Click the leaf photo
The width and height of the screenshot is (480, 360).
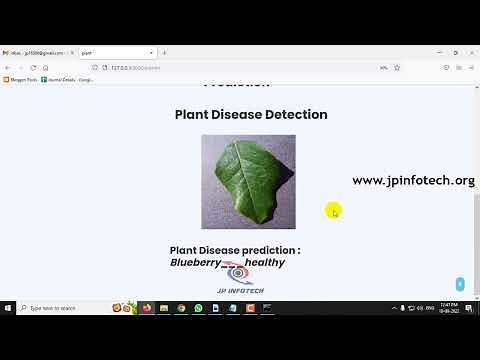tap(248, 181)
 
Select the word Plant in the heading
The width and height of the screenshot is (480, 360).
tap(194, 115)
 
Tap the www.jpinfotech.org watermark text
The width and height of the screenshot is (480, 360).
tap(413, 181)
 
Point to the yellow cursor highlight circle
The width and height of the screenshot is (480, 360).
tap(333, 210)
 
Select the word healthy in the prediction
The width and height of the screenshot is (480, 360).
tap(264, 263)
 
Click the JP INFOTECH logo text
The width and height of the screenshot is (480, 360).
tap(239, 290)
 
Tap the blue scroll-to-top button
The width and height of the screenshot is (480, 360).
tap(460, 284)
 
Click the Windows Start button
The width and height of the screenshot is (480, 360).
tap(8, 308)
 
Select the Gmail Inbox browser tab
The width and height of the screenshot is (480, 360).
tap(36, 52)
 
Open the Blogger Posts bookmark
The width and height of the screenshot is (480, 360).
tap(21, 79)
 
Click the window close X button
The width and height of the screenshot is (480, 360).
tap(471, 52)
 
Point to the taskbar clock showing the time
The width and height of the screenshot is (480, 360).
tap(450, 307)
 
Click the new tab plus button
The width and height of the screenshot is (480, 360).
tap(151, 52)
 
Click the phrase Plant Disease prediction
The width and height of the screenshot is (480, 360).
tap(235, 250)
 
